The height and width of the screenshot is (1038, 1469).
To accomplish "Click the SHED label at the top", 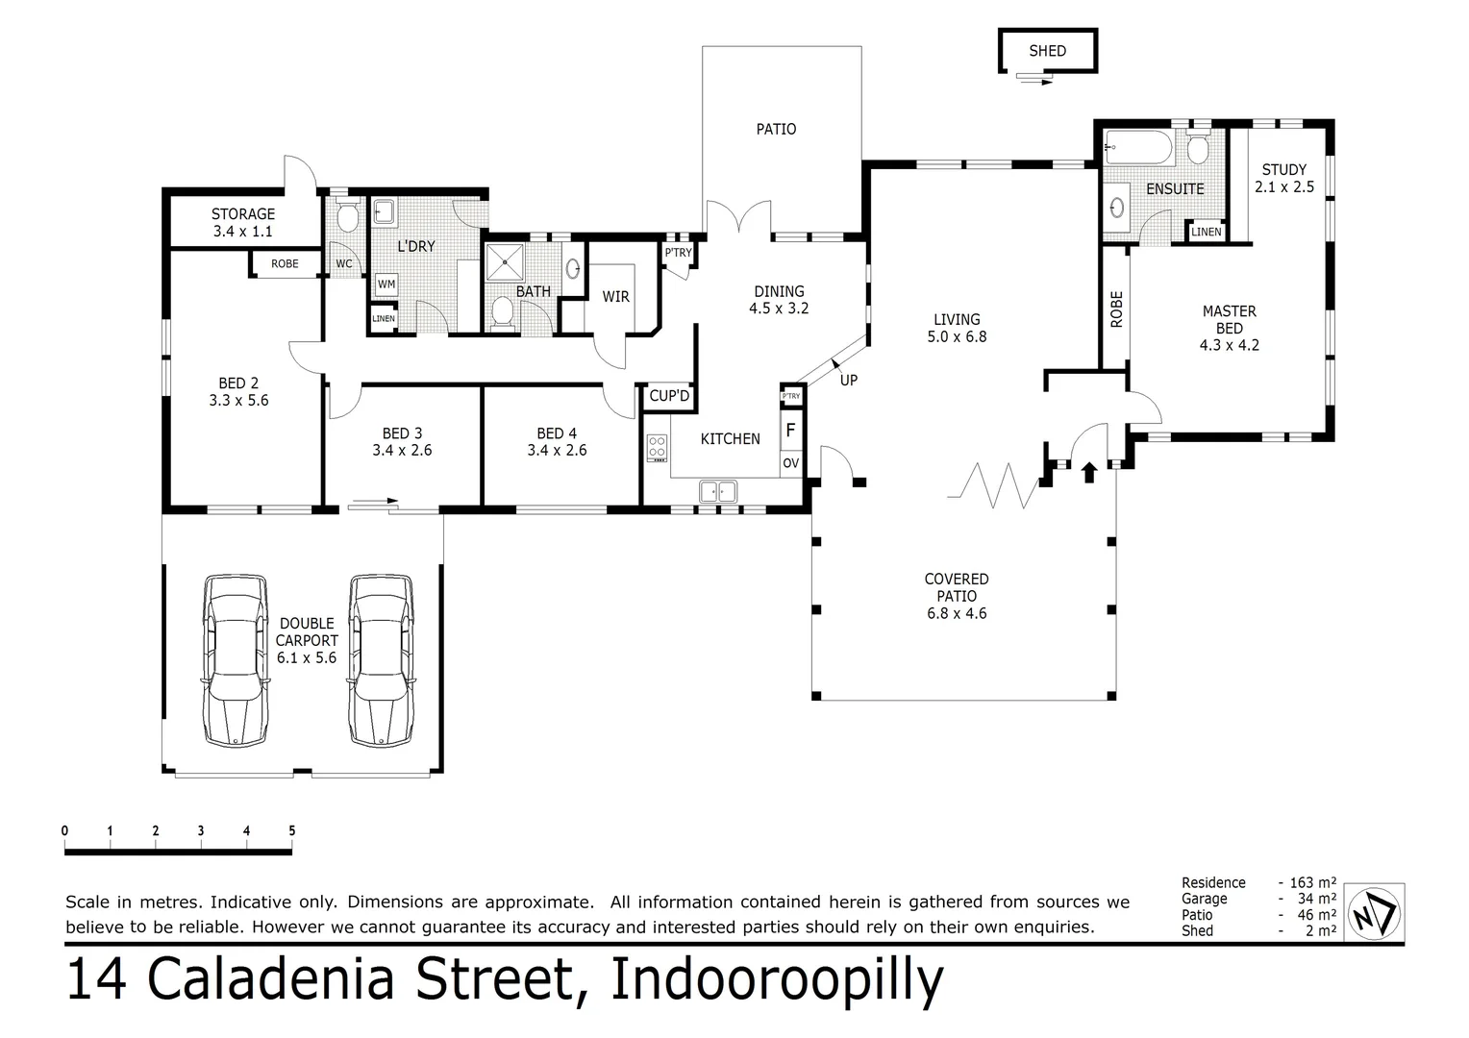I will point(1047,51).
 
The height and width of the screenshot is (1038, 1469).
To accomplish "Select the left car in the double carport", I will point(236,660).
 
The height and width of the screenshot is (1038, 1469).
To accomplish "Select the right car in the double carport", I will point(382,660).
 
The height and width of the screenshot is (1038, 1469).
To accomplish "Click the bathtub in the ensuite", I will point(1138,148).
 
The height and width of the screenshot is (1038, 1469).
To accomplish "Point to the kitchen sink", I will point(717,491).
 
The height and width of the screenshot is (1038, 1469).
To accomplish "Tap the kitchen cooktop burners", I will point(658,448).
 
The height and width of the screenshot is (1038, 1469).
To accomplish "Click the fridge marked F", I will point(790,430).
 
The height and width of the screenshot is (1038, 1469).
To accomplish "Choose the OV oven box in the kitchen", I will point(790,462).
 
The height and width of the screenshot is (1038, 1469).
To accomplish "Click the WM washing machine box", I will point(386,284).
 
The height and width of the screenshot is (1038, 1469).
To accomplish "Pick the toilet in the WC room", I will point(346,217).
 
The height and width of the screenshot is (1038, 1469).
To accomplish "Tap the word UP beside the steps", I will point(848,381).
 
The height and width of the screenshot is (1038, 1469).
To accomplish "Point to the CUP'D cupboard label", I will point(669,396).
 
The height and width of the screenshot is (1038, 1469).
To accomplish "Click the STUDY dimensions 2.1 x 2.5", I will point(1283,187).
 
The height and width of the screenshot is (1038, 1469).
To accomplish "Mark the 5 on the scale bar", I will point(291,831).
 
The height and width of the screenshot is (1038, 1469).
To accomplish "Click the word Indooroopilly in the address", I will point(777,980).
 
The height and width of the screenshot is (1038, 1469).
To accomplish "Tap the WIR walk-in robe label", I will point(615,297).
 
